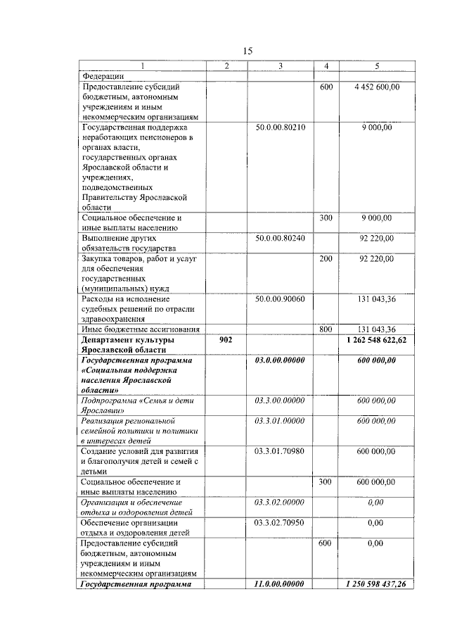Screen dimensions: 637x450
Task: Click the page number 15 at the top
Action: pos(247,51)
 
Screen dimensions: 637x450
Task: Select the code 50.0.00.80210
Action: pos(280,127)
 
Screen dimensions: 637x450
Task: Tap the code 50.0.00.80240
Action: pos(280,239)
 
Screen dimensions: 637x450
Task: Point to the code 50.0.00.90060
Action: pos(280,299)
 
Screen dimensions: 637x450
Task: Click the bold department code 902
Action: pos(225,340)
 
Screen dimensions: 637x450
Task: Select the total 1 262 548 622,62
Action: pos(377,340)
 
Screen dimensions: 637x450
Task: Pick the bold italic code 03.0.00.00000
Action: pos(280,360)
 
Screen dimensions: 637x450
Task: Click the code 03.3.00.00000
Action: pos(280,401)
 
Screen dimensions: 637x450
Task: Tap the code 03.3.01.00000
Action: pos(280,420)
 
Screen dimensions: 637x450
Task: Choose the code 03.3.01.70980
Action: pos(280,451)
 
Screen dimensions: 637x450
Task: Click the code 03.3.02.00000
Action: pos(280,503)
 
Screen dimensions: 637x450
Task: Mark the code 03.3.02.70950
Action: pos(280,523)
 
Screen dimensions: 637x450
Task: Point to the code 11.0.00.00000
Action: pos(280,584)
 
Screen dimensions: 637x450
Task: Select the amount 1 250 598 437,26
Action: pos(377,584)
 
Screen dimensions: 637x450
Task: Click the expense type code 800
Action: pos(326,329)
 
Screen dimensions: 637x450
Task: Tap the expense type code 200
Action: pos(326,259)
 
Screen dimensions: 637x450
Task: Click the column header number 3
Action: pos(280,66)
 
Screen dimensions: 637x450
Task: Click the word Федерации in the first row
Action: pos(103,76)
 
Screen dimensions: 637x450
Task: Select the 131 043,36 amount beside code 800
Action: pos(377,329)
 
